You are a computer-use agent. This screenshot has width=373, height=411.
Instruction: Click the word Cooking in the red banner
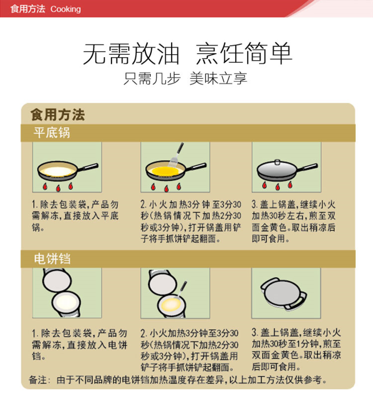click(x=66, y=9)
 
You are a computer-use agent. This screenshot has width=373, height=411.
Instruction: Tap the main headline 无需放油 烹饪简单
click(x=188, y=54)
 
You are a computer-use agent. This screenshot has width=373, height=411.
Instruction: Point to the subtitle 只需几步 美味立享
click(x=185, y=78)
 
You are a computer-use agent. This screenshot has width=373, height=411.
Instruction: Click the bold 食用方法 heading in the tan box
click(x=58, y=115)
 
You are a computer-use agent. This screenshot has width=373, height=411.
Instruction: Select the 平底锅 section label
click(x=52, y=132)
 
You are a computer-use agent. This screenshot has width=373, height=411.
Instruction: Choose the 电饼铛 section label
click(x=52, y=259)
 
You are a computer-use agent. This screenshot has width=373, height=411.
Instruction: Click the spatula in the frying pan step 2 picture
click(x=176, y=155)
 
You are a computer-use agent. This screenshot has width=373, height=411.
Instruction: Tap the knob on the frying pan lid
click(x=277, y=162)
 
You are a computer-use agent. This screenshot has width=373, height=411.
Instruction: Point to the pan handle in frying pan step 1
click(x=88, y=167)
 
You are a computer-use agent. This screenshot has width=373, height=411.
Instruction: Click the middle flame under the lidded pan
click(x=277, y=187)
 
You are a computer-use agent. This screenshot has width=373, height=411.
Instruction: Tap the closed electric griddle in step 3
click(x=284, y=294)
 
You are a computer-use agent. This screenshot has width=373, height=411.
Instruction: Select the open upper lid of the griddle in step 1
click(x=57, y=280)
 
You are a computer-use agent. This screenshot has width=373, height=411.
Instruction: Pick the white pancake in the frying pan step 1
click(x=58, y=171)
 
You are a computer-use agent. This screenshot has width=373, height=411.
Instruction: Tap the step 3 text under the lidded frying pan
click(x=293, y=221)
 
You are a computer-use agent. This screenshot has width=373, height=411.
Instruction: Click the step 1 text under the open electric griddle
click(x=79, y=345)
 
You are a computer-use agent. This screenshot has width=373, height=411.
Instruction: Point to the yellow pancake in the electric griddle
click(x=171, y=305)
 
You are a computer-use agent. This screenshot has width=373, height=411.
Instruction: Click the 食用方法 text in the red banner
click(x=28, y=9)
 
